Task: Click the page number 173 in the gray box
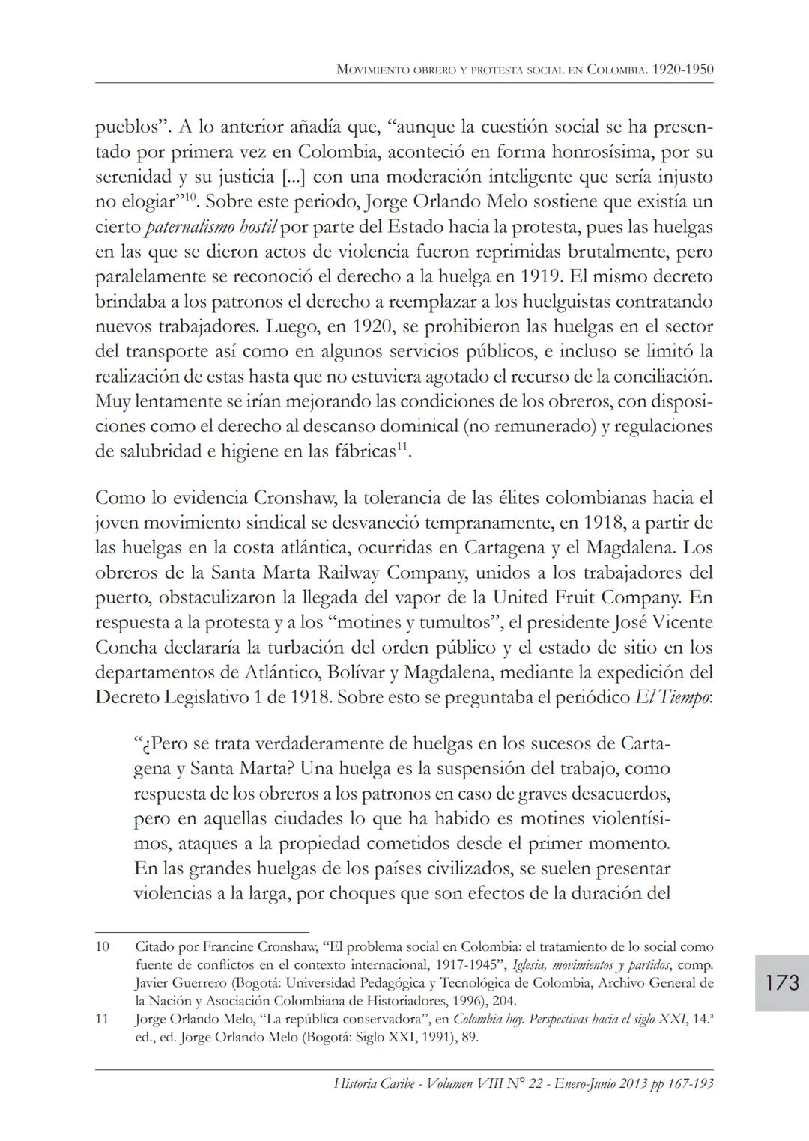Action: [782, 982]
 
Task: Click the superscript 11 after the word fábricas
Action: [401, 447]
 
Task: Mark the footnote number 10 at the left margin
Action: [103, 946]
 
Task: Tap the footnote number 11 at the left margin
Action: [103, 1019]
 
